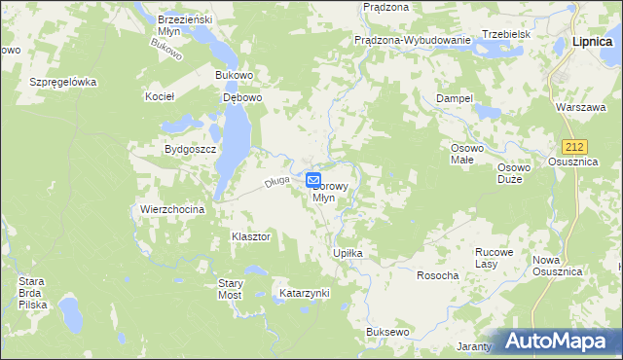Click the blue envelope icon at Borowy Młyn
coord(313,180)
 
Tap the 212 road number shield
coord(578,146)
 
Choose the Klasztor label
coord(250,236)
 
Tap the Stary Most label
coord(230,288)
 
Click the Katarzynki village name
coord(304,292)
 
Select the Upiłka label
coord(348,253)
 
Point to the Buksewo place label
coord(386,332)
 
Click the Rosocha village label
coord(437,275)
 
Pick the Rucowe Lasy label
coord(493,257)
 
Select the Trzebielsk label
coord(504,33)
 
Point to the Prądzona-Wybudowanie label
coord(413,40)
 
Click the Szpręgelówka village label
coord(63,82)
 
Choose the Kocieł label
coord(159,97)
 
